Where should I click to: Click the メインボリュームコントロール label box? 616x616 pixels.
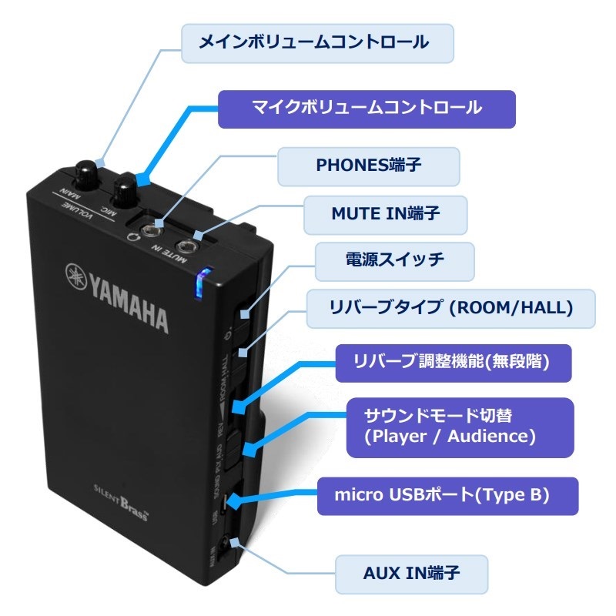click(316, 43)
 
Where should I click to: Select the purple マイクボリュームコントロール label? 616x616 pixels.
click(367, 109)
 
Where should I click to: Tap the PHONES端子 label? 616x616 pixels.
click(369, 166)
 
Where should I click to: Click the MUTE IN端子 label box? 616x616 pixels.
click(385, 215)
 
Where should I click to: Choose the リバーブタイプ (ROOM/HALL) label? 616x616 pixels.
click(451, 309)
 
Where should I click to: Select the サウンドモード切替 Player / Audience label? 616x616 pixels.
click(460, 426)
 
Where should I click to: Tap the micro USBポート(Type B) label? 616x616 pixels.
click(447, 496)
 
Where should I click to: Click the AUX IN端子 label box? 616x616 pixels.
click(412, 574)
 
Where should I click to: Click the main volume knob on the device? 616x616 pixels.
click(89, 170)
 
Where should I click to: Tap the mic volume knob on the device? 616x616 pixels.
click(125, 187)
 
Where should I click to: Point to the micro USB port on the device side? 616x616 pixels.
click(223, 504)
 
